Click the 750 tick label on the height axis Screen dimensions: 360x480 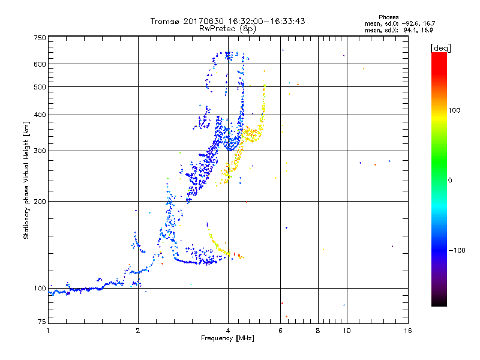point(40,37)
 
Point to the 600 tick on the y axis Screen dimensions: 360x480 point(40,64)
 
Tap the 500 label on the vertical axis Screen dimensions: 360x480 point(40,87)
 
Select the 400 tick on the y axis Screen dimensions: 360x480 point(40,115)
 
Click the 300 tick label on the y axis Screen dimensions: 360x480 point(40,151)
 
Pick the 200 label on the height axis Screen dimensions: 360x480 point(40,201)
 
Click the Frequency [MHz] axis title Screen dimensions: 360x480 point(227,339)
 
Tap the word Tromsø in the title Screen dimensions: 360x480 point(166,21)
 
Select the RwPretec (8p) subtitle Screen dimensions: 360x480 point(227,28)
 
